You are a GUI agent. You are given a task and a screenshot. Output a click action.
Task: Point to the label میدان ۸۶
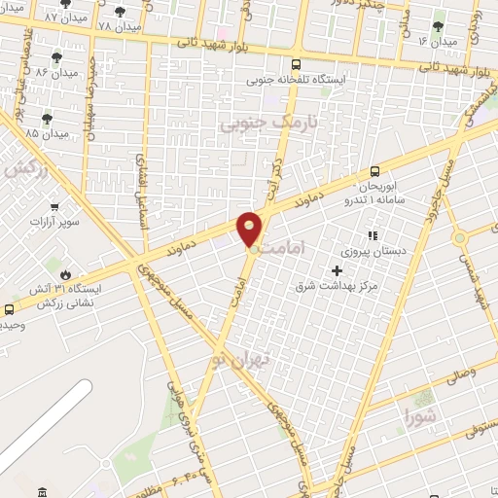point(56,72)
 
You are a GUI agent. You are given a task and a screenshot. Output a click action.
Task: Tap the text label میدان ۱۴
point(437,42)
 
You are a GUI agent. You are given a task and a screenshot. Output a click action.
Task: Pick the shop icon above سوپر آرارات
point(54,206)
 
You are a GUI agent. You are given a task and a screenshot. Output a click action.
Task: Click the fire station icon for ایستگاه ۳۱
point(65,274)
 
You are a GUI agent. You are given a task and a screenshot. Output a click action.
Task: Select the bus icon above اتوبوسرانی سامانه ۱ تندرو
point(374,170)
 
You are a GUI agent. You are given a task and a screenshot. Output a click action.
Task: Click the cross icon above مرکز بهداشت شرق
point(338,271)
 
